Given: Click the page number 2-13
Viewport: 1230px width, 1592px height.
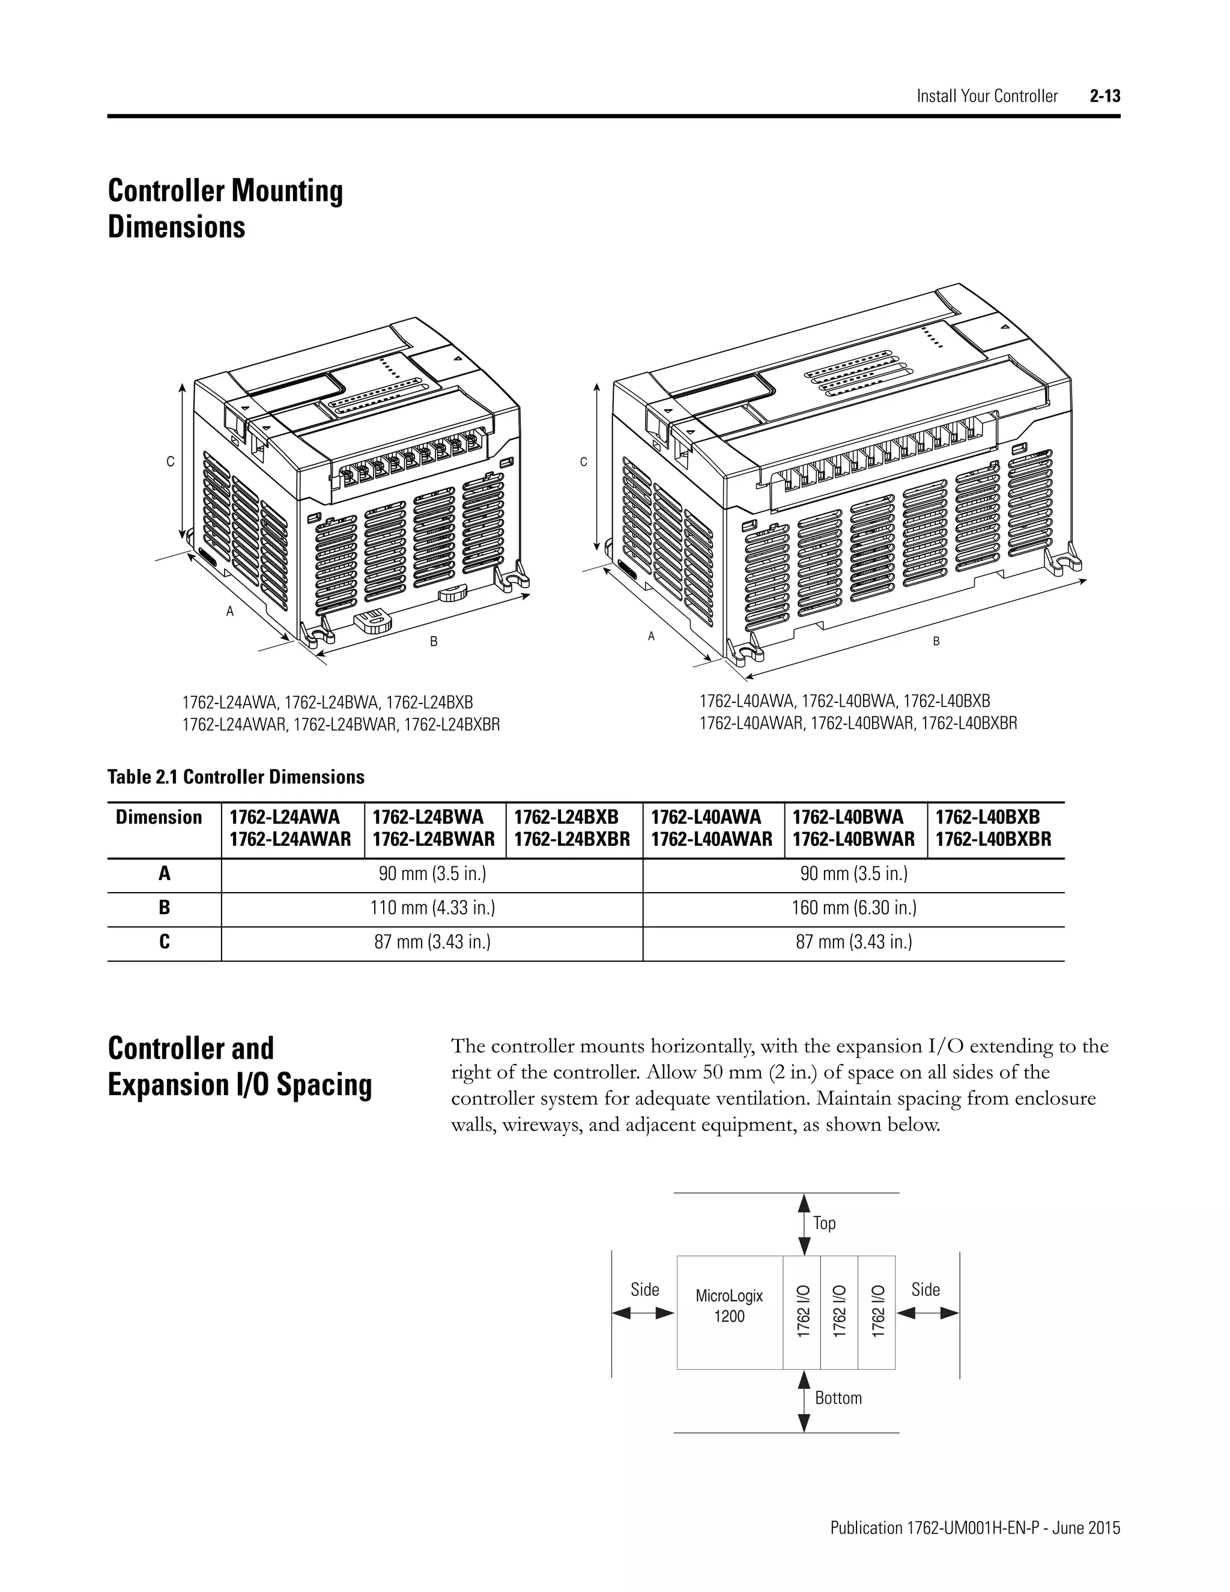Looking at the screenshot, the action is click(x=1104, y=96).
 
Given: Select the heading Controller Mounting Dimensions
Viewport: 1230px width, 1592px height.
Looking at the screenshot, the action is click(x=225, y=208).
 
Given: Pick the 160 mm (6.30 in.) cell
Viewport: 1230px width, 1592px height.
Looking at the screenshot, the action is click(x=854, y=908).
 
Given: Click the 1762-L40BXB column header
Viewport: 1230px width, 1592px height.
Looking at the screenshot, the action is click(x=993, y=827).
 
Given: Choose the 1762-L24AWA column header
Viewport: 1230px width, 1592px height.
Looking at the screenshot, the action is click(x=290, y=827).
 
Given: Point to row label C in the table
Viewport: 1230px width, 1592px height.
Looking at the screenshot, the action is click(x=165, y=942).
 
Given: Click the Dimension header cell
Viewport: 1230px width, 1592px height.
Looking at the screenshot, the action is click(x=159, y=817).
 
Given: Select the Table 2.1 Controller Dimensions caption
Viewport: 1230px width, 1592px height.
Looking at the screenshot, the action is click(x=236, y=777).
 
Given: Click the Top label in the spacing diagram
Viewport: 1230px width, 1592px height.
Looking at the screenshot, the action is click(x=825, y=1223).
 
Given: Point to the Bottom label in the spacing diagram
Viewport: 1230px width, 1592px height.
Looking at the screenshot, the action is click(x=838, y=1398).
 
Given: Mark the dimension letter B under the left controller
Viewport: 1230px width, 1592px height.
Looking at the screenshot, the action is click(x=434, y=642).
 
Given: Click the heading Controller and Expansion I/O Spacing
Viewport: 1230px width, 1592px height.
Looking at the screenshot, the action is click(x=240, y=1066).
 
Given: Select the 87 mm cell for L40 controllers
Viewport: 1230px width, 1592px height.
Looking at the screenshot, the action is click(x=854, y=942).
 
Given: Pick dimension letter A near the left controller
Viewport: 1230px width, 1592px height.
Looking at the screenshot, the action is click(x=230, y=612).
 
